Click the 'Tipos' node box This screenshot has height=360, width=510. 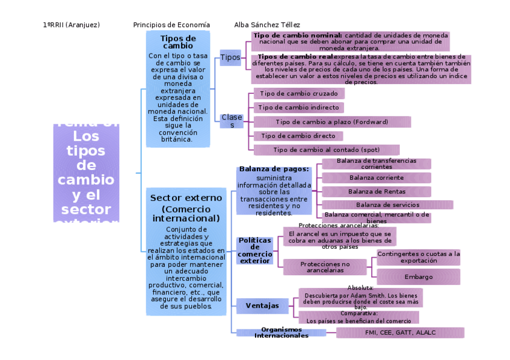(x=230, y=58)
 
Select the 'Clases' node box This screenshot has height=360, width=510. (x=232, y=121)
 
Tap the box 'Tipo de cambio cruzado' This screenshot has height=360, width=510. (x=299, y=94)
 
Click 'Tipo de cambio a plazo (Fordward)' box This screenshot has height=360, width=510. (x=332, y=122)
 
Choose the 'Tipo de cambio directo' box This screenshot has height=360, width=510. (x=298, y=136)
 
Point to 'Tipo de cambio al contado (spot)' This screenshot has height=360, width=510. (x=327, y=150)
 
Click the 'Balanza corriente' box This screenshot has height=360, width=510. (x=376, y=177)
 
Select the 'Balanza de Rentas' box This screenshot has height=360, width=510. (x=376, y=192)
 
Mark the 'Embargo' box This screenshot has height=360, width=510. (x=419, y=277)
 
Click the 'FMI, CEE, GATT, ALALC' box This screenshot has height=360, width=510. (x=400, y=332)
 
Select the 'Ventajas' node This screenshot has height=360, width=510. (x=262, y=306)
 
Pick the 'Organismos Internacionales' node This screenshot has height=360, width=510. (x=281, y=332)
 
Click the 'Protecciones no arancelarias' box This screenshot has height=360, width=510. (x=325, y=267)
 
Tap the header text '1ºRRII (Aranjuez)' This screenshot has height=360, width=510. (x=72, y=25)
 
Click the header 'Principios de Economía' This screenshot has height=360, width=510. (x=171, y=25)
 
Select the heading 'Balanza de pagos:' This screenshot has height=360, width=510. (x=274, y=169)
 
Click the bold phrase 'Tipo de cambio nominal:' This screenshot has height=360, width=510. (x=297, y=35)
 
